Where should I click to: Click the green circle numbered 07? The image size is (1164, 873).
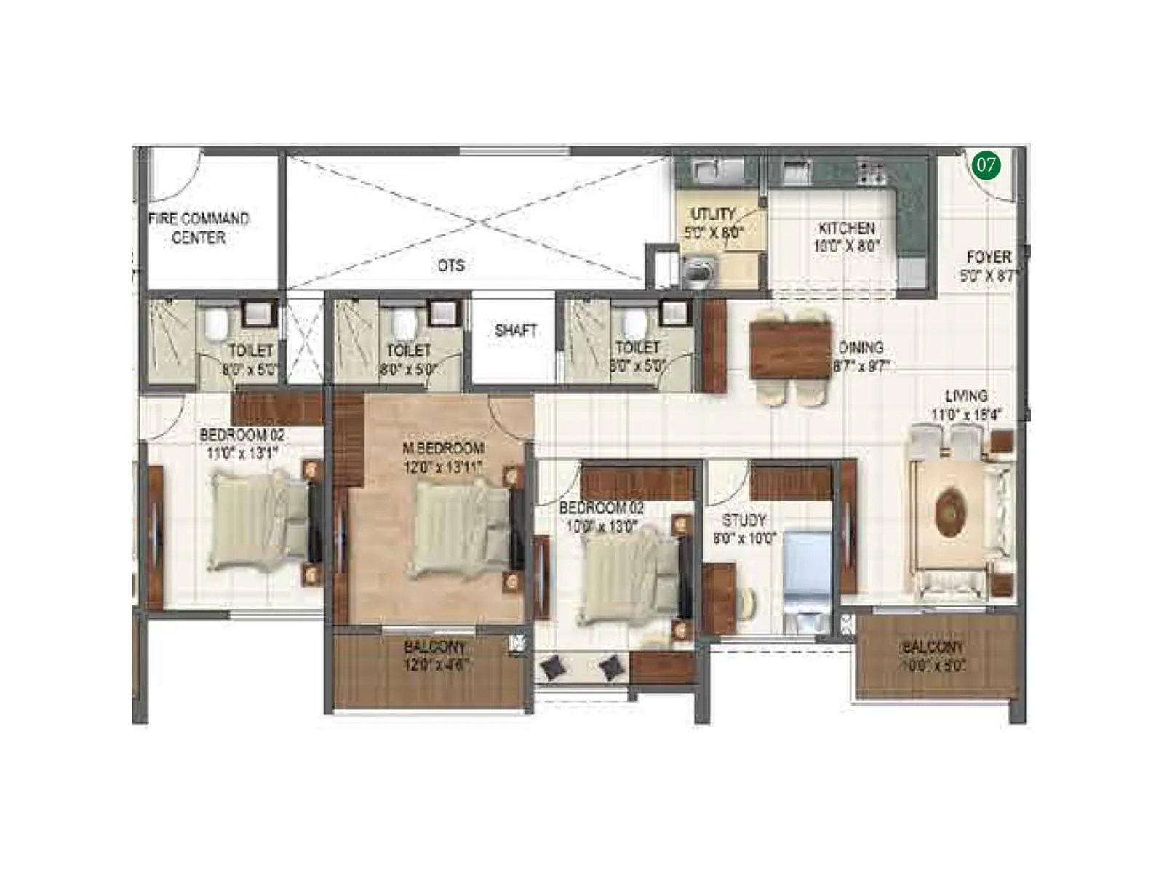click(986, 165)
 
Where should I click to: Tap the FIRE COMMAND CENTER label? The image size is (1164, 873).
click(198, 228)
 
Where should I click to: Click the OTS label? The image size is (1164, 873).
click(451, 266)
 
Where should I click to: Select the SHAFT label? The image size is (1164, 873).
click(515, 330)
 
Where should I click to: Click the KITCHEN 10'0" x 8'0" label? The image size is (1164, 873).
click(846, 237)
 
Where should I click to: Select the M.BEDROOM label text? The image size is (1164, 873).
click(443, 448)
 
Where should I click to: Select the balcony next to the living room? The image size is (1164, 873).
click(935, 656)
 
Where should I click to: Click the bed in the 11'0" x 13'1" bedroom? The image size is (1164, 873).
click(258, 522)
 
